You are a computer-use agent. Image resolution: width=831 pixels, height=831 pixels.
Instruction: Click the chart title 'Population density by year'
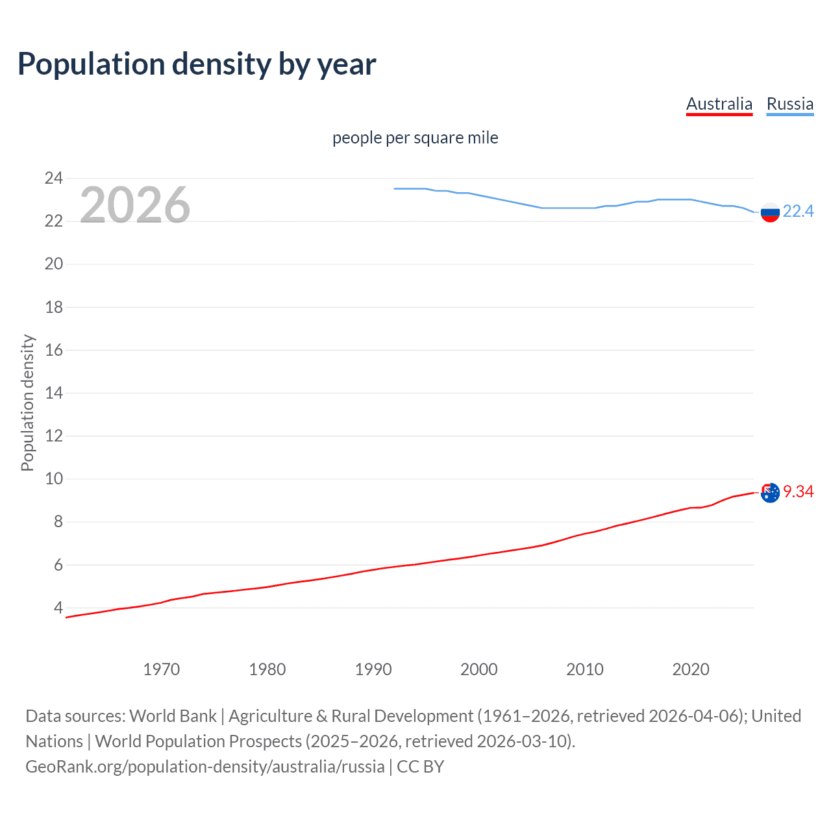(x=197, y=64)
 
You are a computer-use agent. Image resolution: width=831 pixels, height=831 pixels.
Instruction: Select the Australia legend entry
(x=719, y=104)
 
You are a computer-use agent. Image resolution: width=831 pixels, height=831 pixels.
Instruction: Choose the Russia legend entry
(x=789, y=104)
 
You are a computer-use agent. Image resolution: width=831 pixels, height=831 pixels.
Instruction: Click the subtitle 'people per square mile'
(x=415, y=138)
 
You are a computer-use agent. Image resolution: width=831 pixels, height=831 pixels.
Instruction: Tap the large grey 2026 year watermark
(x=135, y=205)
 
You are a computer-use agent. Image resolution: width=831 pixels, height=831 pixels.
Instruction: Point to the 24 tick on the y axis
(x=53, y=178)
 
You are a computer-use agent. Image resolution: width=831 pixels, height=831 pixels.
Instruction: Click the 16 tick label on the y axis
(x=53, y=350)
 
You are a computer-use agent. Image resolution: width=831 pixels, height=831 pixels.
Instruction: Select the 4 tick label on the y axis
(x=58, y=608)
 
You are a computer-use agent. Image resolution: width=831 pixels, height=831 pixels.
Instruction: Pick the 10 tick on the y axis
(x=53, y=479)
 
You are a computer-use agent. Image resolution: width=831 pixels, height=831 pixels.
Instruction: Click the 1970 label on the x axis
(x=161, y=669)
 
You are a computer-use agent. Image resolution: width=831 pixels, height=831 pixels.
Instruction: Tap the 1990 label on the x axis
(x=373, y=669)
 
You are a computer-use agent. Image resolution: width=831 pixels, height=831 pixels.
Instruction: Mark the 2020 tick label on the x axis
(x=690, y=669)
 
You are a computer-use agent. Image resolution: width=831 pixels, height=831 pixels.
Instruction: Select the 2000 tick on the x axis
(x=478, y=669)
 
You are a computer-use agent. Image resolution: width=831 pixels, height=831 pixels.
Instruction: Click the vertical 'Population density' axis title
(x=27, y=403)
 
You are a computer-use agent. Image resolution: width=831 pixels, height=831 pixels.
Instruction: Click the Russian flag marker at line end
(x=769, y=212)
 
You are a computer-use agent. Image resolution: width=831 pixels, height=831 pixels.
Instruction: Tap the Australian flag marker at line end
(x=769, y=493)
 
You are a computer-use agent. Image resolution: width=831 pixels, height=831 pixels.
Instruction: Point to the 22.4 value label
(x=798, y=211)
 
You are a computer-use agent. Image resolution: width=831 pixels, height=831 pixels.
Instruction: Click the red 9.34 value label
(x=798, y=491)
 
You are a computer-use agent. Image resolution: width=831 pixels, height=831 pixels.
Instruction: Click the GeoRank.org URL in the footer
(x=205, y=766)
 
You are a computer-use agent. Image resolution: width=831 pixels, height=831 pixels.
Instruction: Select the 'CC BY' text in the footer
(x=420, y=766)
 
